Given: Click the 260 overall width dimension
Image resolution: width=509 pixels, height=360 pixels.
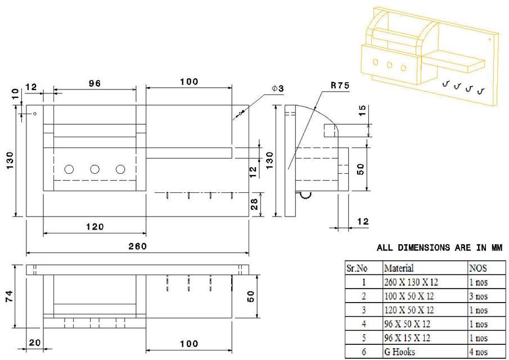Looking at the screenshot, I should point(137,246).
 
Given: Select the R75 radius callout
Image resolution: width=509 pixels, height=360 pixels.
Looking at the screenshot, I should point(340,85).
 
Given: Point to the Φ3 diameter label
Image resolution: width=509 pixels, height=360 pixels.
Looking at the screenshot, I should point(277,88).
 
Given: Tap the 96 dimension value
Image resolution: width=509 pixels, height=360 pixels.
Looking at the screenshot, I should point(94,83).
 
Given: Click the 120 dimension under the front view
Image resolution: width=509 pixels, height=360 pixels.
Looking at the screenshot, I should point(94,227).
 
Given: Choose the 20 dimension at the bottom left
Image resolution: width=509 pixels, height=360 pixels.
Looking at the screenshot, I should point(35,343).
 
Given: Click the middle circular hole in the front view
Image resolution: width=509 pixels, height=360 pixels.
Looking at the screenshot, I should point(94,169).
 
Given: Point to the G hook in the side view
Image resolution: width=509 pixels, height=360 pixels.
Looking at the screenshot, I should point(305,195).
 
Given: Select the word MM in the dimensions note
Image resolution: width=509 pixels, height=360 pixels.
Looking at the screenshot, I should point(494,247).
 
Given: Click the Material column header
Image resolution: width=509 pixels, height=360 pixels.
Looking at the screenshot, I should point(398,268).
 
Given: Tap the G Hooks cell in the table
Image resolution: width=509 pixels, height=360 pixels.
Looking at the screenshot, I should point(400,352).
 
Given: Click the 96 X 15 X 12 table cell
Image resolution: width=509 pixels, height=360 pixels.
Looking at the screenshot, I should point(408,338).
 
